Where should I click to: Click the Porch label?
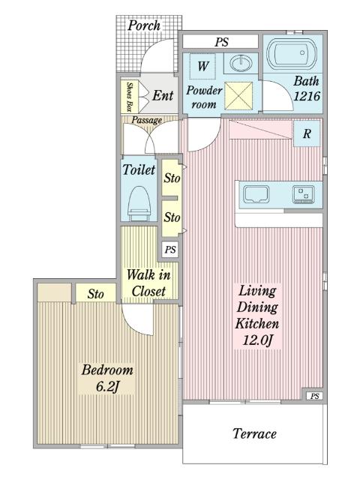[144, 25]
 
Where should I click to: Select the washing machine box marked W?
[202, 66]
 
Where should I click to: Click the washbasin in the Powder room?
[241, 63]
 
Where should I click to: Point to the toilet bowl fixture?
[139, 203]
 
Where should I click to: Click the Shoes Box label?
[130, 97]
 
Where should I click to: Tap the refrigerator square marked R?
[307, 133]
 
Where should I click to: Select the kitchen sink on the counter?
[256, 194]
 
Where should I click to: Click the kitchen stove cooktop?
[303, 194]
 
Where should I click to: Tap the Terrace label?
[255, 433]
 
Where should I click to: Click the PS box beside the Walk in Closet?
[170, 249]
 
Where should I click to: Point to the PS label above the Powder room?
[221, 42]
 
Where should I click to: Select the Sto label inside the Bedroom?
[95, 294]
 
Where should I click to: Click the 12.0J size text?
[257, 340]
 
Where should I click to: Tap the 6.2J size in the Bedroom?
[106, 387]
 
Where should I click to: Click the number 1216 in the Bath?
[307, 96]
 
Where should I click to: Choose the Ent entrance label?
[163, 95]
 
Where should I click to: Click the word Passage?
[146, 120]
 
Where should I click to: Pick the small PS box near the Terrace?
[315, 396]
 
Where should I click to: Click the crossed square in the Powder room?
[238, 95]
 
